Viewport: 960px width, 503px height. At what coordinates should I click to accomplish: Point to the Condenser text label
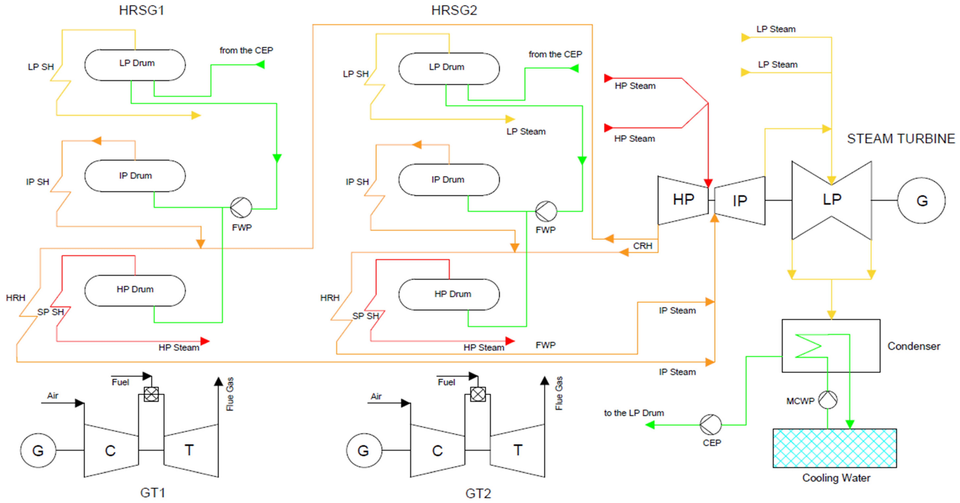pyautogui.click(x=913, y=346)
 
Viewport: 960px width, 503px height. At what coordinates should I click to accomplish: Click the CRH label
pyautogui.click(x=642, y=246)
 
